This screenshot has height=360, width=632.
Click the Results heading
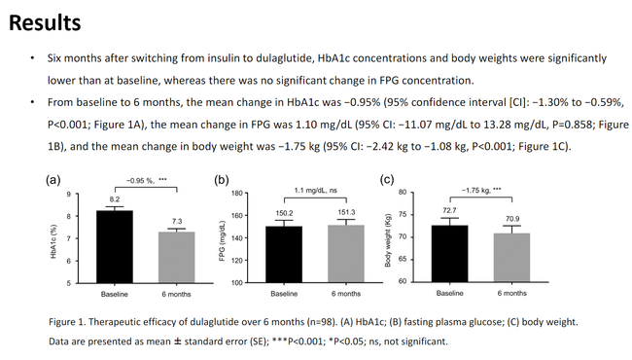pos(45,22)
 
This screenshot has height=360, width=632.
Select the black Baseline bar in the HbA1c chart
pos(115,247)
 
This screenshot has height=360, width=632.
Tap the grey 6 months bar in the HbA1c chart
pos(177,257)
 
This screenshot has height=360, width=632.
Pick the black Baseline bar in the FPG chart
pos(284,254)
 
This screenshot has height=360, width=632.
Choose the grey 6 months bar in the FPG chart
pos(346,254)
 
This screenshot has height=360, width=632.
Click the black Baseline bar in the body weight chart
pos(450,254)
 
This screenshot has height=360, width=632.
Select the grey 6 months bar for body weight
pos(511,258)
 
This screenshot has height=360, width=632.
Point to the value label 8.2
pos(115,199)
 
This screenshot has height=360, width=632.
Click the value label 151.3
pos(346,212)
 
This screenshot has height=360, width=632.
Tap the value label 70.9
pos(512,219)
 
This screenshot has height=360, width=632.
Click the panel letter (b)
pos(222,180)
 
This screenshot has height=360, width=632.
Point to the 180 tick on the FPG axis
pos(237,193)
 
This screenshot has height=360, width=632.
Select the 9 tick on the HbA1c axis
pos(68,195)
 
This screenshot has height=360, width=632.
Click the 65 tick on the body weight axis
pos(403,259)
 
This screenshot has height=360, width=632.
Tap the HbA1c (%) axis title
pos(53,241)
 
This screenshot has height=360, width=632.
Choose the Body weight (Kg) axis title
pos(388,240)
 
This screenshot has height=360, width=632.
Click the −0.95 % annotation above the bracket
pos(140,181)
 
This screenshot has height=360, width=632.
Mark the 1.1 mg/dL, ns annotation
pos(316,191)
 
